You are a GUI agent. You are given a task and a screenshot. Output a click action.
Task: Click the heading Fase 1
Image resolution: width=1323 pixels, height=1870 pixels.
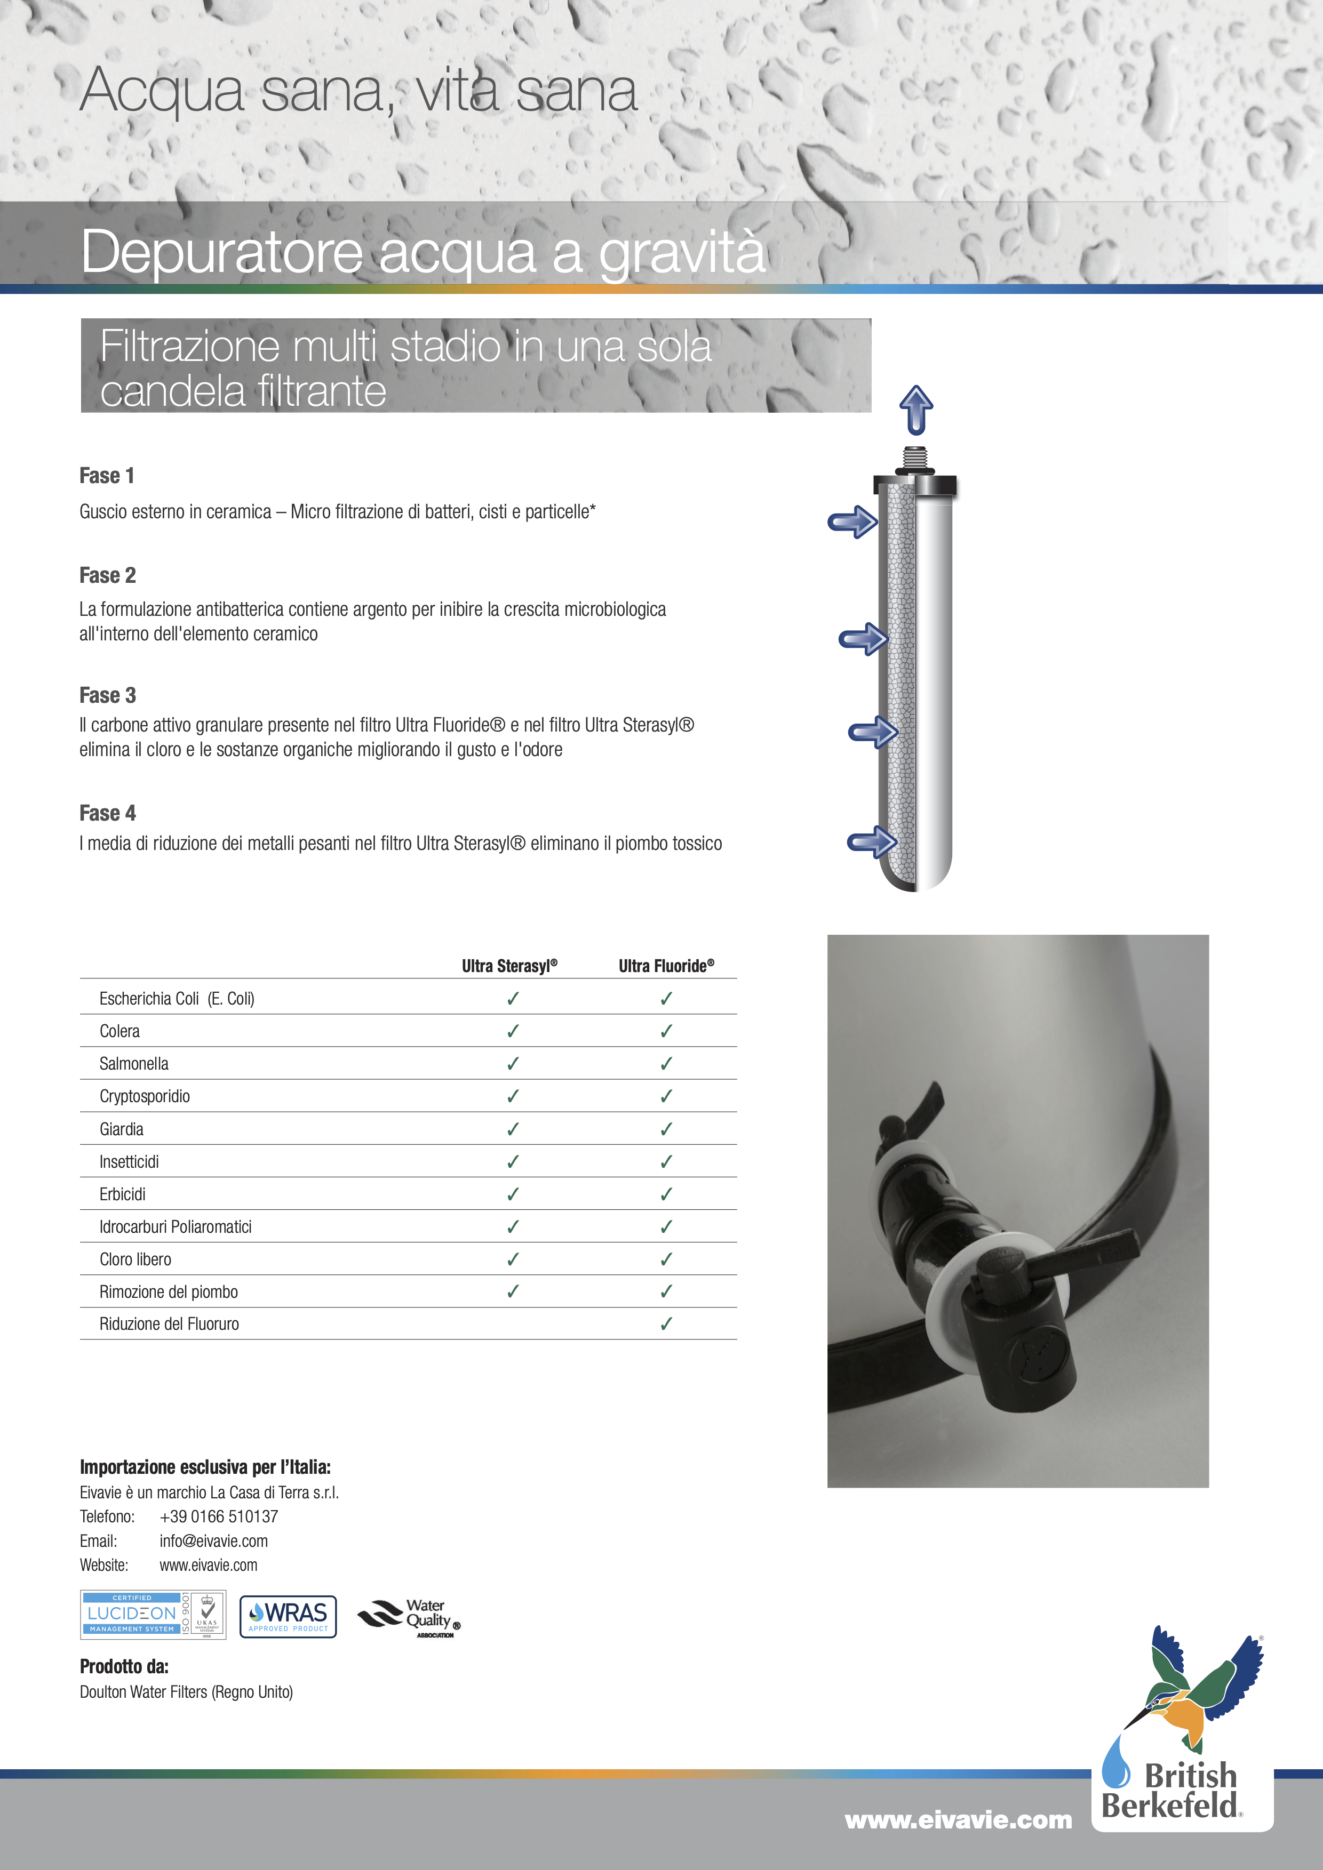[x=107, y=476]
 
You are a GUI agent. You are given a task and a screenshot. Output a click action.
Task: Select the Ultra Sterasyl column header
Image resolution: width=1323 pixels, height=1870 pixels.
[x=509, y=966]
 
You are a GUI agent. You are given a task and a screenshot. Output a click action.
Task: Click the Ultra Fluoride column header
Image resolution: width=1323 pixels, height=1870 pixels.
[x=666, y=966]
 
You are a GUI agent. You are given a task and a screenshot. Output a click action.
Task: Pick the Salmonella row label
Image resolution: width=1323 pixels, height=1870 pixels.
[x=133, y=1064]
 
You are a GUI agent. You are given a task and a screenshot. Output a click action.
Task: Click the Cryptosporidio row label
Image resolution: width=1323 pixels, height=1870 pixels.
[x=144, y=1096]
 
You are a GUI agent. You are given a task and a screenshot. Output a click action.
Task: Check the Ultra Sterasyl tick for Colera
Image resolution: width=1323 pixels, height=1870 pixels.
[x=513, y=1031]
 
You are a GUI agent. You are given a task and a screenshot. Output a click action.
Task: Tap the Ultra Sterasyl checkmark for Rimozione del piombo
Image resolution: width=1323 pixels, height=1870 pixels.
[x=513, y=1292]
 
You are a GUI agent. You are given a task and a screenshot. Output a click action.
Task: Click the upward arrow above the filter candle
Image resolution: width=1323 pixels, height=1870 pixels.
[x=916, y=409]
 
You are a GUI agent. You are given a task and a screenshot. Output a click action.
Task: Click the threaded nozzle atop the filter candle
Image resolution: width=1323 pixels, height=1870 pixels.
[x=915, y=459]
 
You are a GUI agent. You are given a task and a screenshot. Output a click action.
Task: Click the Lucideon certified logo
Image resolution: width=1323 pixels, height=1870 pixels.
[x=153, y=1614]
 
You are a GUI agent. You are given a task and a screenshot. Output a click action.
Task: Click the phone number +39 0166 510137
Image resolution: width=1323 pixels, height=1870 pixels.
[x=218, y=1516]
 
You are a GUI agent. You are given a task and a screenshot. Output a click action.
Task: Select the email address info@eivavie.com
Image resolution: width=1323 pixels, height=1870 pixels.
[x=213, y=1541]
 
